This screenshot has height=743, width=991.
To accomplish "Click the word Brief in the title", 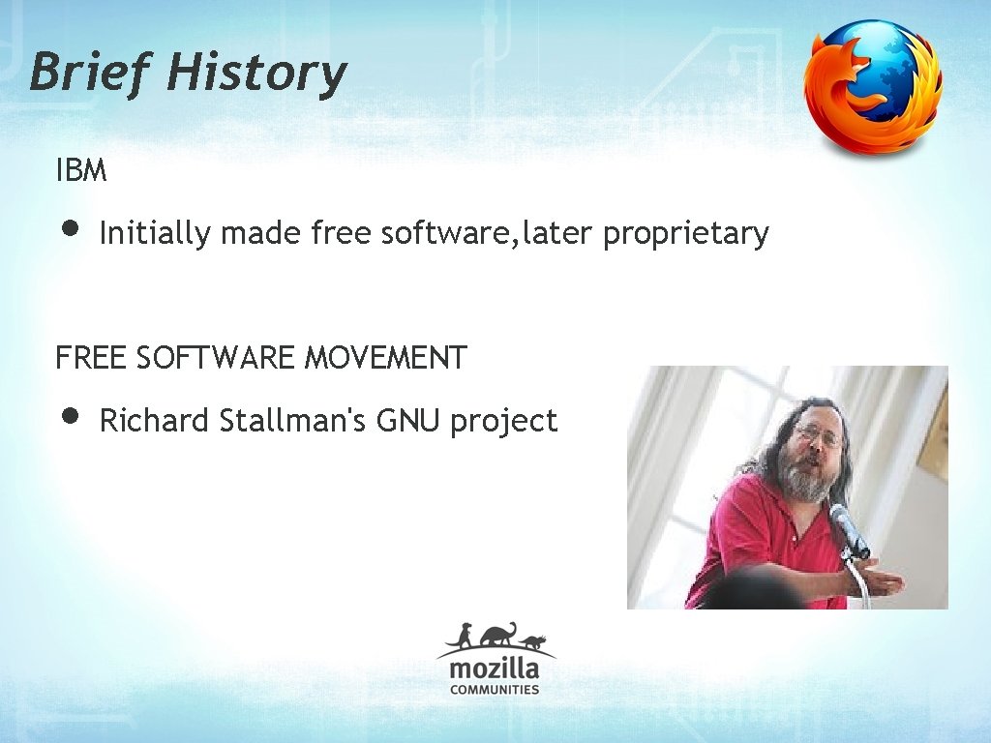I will (88, 73).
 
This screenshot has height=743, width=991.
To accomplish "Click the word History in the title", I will (256, 73).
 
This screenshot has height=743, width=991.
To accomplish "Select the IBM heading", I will (81, 172).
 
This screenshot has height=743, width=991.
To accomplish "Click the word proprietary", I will (685, 233).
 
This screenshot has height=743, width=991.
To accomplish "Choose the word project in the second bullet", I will (503, 422).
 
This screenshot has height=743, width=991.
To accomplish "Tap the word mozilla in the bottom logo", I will (494, 669).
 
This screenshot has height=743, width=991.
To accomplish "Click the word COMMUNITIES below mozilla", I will (495, 690).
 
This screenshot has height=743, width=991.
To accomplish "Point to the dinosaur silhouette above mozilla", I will (498, 635).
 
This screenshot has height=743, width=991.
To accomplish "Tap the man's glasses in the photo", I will (819, 434).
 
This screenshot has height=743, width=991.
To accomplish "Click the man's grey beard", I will (808, 479).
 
